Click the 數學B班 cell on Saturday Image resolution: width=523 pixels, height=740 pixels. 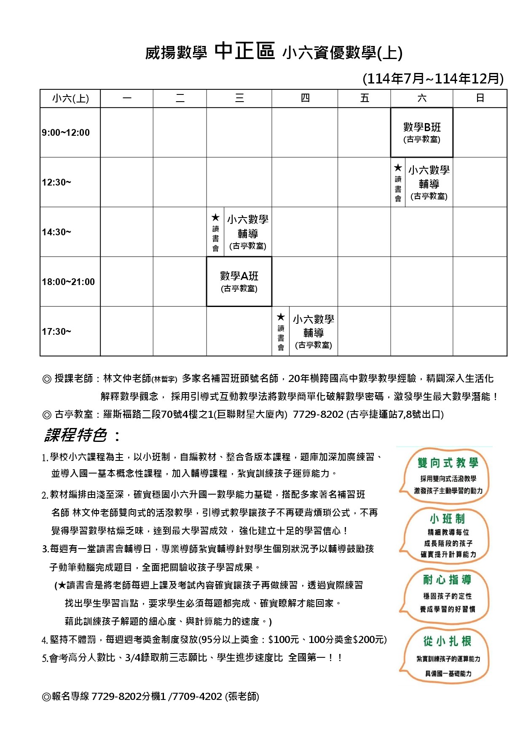point(421,132)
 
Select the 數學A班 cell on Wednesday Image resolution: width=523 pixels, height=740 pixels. point(239,281)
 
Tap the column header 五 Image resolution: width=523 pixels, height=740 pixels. point(365,98)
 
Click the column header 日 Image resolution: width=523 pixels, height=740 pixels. point(480,98)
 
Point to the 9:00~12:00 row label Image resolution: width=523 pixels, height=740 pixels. point(66,132)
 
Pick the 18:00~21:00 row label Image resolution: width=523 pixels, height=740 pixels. point(68,282)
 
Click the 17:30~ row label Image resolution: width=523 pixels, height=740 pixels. point(56,331)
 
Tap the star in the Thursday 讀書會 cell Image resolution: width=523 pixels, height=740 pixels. point(281,317)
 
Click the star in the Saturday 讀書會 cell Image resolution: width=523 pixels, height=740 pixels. point(398,168)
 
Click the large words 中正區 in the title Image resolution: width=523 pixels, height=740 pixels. point(244,51)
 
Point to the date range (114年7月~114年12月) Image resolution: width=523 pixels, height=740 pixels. point(433,78)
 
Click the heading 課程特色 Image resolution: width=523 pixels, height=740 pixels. point(76,435)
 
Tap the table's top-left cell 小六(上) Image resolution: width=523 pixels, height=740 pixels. point(70,98)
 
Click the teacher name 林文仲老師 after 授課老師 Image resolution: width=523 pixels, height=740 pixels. point(127,378)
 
